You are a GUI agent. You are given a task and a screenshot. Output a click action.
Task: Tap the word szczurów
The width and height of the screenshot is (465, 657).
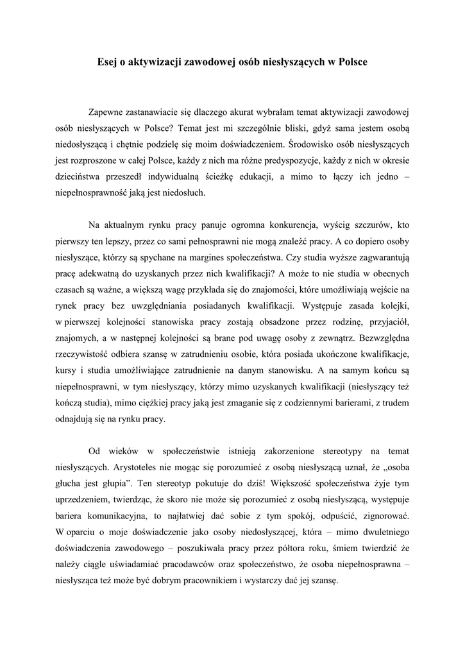(x=372, y=225)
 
